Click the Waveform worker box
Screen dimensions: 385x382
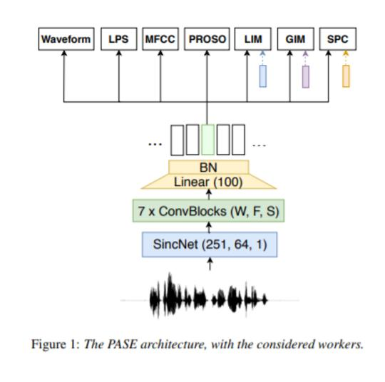click(66, 39)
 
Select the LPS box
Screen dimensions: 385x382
click(119, 39)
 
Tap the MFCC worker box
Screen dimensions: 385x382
click(160, 39)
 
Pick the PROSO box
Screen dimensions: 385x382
click(207, 39)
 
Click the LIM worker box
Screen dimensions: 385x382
click(253, 39)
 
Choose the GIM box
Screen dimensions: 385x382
click(296, 39)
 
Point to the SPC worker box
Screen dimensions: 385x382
click(338, 39)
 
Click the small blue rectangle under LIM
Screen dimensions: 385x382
click(263, 76)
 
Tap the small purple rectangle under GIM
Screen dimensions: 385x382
click(305, 76)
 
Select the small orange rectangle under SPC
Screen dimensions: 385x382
click(346, 76)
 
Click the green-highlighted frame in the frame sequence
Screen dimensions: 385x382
click(207, 140)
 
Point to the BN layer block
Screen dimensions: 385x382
click(209, 167)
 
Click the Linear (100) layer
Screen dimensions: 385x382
click(209, 182)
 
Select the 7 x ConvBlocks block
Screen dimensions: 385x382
click(208, 211)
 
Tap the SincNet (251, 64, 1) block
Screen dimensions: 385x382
click(210, 244)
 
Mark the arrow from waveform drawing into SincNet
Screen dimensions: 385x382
click(210, 264)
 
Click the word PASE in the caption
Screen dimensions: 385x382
click(122, 344)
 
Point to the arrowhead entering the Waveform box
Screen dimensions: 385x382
click(64, 53)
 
